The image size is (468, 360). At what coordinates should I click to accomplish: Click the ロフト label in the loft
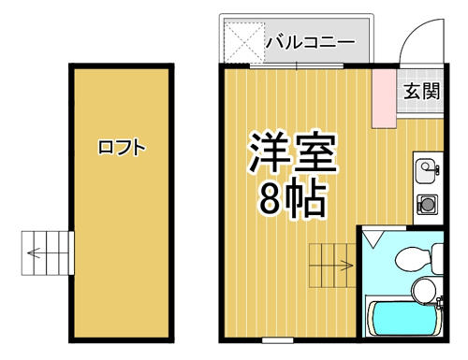point(122,148)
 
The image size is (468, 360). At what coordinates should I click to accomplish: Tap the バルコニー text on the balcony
point(310,42)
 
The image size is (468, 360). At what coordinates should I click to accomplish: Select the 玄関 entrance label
point(421,91)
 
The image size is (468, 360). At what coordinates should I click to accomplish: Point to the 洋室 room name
point(293,152)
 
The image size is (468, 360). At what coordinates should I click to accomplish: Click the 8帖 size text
point(291,198)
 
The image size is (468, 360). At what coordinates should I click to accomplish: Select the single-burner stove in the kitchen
point(427,205)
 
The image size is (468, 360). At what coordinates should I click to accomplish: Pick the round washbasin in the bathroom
point(423,290)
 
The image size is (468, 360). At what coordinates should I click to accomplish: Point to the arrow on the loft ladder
point(34,252)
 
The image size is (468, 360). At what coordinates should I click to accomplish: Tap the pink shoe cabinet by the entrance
point(384,97)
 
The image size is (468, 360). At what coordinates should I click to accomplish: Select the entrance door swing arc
point(411,32)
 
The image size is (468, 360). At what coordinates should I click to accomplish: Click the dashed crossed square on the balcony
point(244,42)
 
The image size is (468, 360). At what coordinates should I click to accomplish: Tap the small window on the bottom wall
point(278,340)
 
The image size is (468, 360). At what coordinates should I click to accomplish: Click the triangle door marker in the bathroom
point(373,238)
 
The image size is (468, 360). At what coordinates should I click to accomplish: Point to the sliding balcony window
point(297,66)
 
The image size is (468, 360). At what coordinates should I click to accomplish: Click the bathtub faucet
point(439,302)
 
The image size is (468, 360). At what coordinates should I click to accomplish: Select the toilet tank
point(437,259)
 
